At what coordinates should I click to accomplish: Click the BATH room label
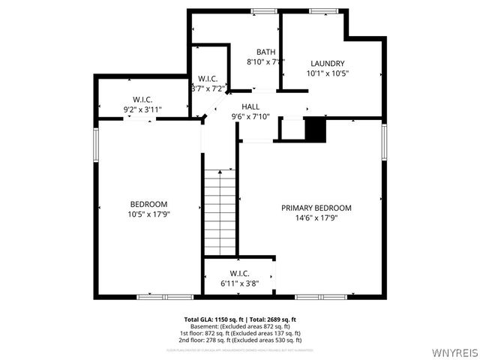pos(266,52)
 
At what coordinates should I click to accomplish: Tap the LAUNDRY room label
pos(327,63)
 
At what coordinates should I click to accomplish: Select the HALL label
pos(250,106)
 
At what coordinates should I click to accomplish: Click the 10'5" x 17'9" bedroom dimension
pos(148,215)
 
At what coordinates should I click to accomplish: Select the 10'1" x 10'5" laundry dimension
pos(328,73)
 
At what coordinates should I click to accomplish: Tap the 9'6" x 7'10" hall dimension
pos(250,116)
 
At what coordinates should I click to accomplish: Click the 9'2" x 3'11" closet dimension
pos(143,109)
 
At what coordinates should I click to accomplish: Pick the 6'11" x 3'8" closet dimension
pos(239,283)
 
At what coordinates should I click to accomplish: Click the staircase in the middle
pos(220,212)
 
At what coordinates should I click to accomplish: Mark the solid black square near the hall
pos(316,129)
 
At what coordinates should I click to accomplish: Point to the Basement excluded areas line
pos(244,327)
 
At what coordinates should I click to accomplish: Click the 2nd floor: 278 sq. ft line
pos(244,340)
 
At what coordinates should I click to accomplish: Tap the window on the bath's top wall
pos(264,10)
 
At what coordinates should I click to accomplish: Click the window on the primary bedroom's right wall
pos(384,142)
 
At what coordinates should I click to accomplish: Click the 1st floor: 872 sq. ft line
pos(244,334)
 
